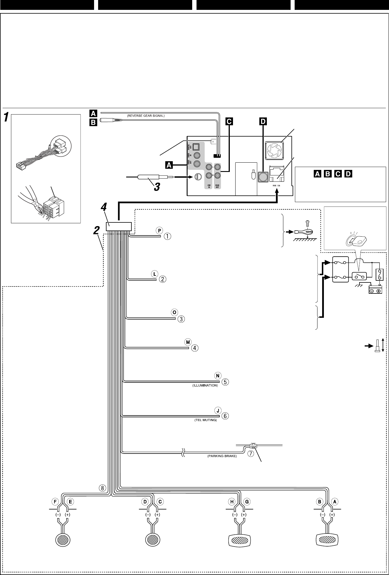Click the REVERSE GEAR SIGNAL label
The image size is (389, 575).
coord(146,116)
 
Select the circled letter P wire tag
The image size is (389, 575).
coord(159,230)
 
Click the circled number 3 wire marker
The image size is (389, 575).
coord(181,319)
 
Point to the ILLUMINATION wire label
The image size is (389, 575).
coord(205,386)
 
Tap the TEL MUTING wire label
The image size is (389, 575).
coord(205,420)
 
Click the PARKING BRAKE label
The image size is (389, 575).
coord(222,456)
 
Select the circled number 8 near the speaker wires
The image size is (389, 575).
coord(102,488)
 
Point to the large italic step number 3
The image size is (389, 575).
coord(156,187)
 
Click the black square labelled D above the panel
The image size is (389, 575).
coord(263,121)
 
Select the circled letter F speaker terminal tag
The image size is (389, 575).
coord(55,501)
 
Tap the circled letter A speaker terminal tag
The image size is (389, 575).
coord(335,501)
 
